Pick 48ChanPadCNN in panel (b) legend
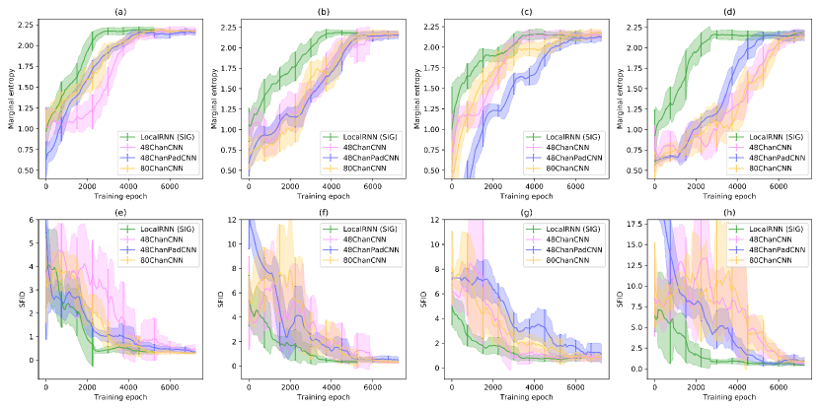pos(359,157)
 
